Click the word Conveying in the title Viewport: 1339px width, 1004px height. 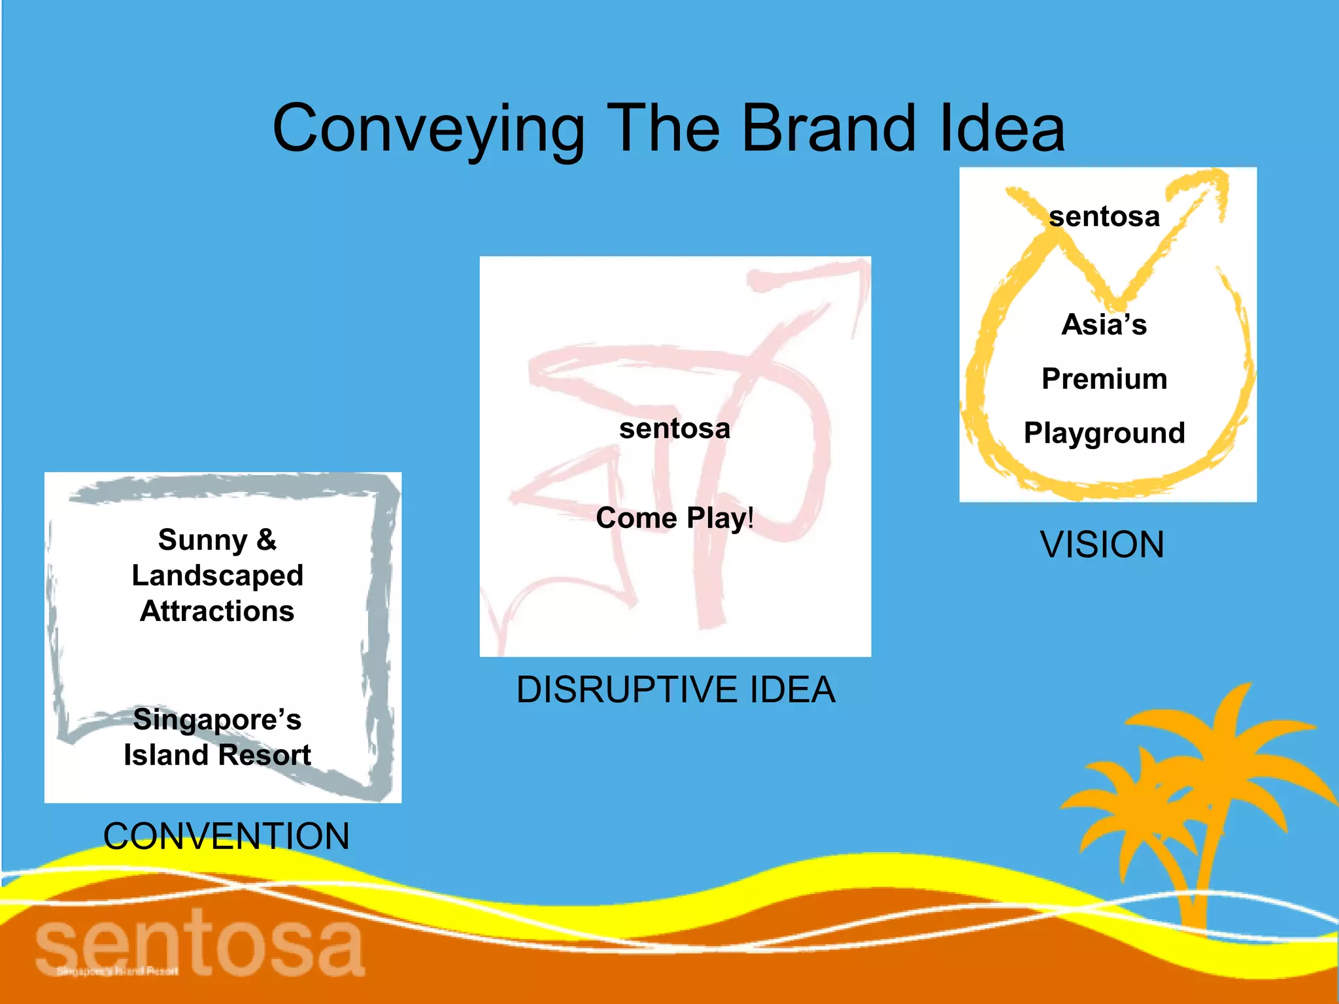(x=428, y=129)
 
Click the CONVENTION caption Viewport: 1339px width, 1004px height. (x=226, y=836)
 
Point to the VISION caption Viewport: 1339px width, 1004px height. (x=1102, y=544)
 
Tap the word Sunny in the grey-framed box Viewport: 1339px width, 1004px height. (x=202, y=540)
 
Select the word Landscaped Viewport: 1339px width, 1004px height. (x=217, y=576)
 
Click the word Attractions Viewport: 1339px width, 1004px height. (x=217, y=611)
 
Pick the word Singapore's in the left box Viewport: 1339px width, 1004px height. (x=217, y=720)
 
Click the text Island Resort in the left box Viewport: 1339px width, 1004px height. (x=217, y=755)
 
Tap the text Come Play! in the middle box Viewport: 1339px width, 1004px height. (x=675, y=518)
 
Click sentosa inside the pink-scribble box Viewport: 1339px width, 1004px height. (x=675, y=429)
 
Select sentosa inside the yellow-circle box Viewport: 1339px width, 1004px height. (x=1104, y=216)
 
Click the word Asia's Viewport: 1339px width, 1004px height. (x=1104, y=325)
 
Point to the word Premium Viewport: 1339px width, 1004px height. (x=1104, y=379)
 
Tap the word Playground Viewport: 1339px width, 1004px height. (x=1104, y=433)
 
